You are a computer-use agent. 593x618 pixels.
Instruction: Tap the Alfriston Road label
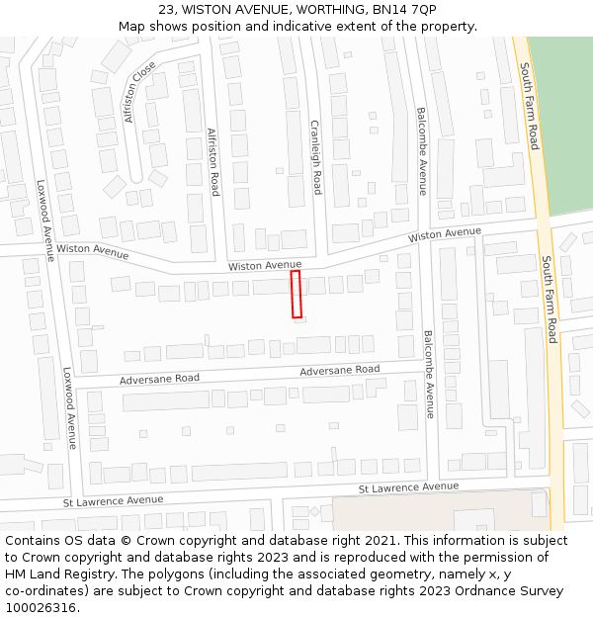pyautogui.click(x=213, y=161)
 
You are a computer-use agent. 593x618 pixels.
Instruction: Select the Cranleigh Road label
pyautogui.click(x=316, y=157)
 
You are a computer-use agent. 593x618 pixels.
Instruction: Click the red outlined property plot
pyautogui.click(x=296, y=295)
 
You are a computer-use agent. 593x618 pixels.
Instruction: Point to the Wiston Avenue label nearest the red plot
pyautogui.click(x=265, y=265)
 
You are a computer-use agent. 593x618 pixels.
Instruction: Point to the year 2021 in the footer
pyautogui.click(x=380, y=541)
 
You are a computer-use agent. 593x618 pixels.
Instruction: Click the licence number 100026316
pyautogui.click(x=42, y=608)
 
